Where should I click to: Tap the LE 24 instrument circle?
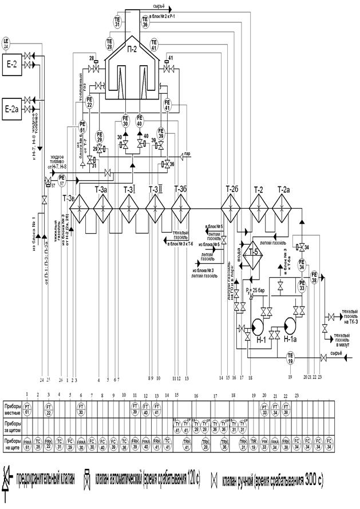tap(7, 43)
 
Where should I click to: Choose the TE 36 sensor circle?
tap(145, 22)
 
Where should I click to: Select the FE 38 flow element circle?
tap(314, 277)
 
